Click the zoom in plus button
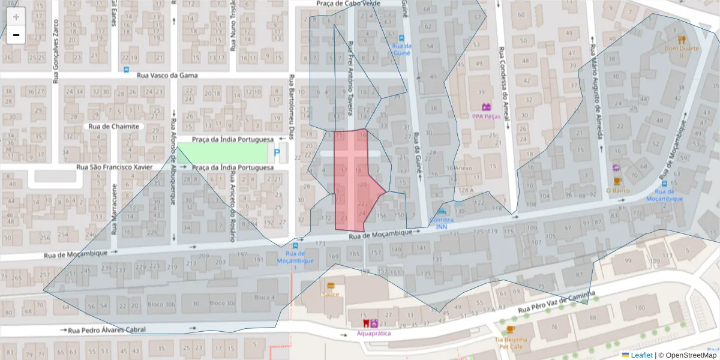pos(16,17)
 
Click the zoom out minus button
pos(16,35)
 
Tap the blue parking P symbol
pos(277,153)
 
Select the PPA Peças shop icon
pos(486,107)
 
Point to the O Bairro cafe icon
pos(617,181)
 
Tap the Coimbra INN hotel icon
pos(442,211)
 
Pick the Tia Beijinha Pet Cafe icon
pos(510,329)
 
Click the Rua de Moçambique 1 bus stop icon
pos(295,245)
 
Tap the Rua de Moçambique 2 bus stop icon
pos(664,184)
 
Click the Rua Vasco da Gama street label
pos(167,76)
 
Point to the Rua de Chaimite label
pos(113,127)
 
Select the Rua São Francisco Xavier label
pos(115,167)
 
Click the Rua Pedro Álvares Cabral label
pos(107,330)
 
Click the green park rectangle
pos(222,152)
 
